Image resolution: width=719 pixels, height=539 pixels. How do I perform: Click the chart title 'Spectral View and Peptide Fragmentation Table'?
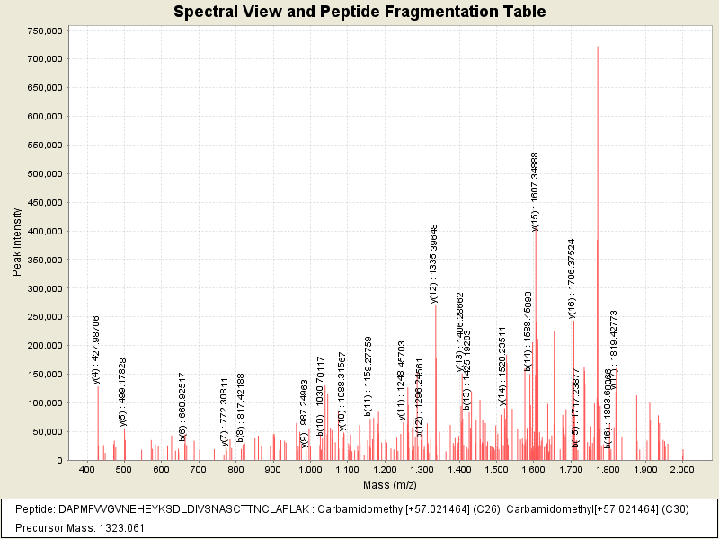point(359,13)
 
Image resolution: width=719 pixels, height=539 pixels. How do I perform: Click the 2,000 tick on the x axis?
point(682,470)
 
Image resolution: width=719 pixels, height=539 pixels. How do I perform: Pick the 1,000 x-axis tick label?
point(310,470)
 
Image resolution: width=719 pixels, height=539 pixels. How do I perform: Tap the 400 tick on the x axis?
point(87,470)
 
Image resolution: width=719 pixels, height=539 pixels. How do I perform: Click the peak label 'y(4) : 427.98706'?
point(97,349)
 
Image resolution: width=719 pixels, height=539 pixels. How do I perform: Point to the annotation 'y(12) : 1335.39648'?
point(433,263)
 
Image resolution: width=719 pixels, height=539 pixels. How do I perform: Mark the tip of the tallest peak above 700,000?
point(598,47)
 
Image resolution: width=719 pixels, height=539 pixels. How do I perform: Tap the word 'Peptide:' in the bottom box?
point(37,509)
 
